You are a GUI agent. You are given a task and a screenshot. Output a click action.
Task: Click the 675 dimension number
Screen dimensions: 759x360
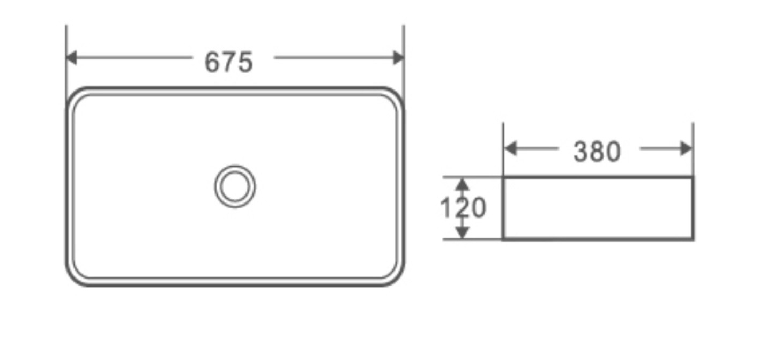(229, 62)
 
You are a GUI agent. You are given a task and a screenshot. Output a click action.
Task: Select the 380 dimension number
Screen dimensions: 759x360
(597, 152)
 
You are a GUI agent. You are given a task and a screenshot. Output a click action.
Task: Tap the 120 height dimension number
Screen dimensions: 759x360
(463, 207)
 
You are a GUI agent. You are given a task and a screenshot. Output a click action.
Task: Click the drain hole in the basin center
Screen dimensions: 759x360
(235, 186)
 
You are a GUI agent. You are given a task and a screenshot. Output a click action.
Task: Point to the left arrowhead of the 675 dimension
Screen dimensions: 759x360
(71, 57)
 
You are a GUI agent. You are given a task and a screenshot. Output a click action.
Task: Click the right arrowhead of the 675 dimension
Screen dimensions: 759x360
(398, 57)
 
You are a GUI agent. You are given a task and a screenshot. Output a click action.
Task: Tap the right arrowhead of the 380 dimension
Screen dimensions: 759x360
(686, 149)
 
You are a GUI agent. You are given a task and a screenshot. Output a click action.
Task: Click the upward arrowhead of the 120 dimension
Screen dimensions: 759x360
(462, 184)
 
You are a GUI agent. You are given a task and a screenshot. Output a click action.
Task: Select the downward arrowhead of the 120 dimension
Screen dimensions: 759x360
(462, 232)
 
